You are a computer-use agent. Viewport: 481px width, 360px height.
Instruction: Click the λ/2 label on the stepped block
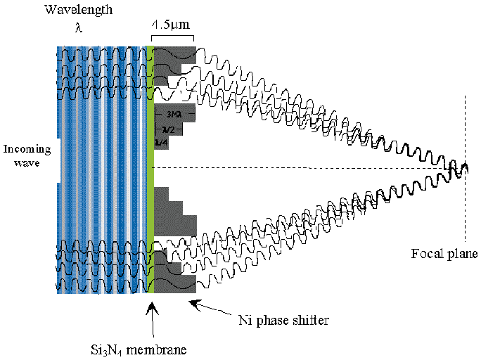[167, 129]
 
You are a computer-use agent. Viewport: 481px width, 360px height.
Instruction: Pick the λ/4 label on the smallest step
[161, 143]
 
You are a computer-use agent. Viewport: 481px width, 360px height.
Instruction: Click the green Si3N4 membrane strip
[150, 169]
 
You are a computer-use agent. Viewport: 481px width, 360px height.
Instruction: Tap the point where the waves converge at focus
[463, 169]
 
